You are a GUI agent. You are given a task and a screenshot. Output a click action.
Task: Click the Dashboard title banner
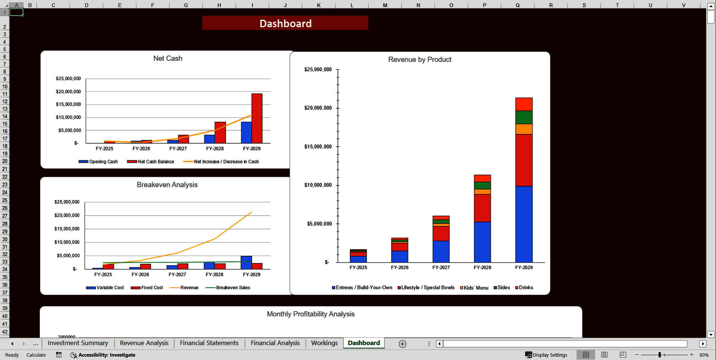pyautogui.click(x=285, y=23)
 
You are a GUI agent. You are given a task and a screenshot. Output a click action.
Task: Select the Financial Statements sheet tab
pyautogui.click(x=209, y=343)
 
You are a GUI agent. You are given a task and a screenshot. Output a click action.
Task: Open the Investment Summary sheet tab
pyautogui.click(x=78, y=343)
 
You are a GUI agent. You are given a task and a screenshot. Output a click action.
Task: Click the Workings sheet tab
pyautogui.click(x=324, y=343)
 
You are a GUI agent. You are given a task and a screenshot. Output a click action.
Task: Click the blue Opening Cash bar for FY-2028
pyautogui.click(x=209, y=139)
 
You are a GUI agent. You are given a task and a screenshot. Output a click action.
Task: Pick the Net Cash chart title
pyautogui.click(x=168, y=58)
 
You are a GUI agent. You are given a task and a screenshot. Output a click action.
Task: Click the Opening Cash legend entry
pyautogui.click(x=98, y=162)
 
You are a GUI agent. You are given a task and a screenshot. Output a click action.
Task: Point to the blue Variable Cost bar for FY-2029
pyautogui.click(x=246, y=262)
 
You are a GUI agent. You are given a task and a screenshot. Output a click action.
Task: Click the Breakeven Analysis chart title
pyautogui.click(x=167, y=185)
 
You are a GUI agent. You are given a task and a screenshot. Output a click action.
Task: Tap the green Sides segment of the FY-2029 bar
pyautogui.click(x=524, y=117)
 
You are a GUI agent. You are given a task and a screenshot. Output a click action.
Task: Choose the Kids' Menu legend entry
pyautogui.click(x=474, y=288)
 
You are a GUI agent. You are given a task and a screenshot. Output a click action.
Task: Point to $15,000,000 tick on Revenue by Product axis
pyautogui.click(x=318, y=147)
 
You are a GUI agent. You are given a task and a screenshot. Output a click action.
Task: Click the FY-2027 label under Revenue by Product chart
pyautogui.click(x=441, y=267)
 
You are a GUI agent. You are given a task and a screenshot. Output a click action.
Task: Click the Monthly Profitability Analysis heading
pyautogui.click(x=311, y=314)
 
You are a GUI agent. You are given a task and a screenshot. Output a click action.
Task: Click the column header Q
pyautogui.click(x=518, y=5)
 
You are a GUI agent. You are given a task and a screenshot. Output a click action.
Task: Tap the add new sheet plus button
pyautogui.click(x=402, y=344)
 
